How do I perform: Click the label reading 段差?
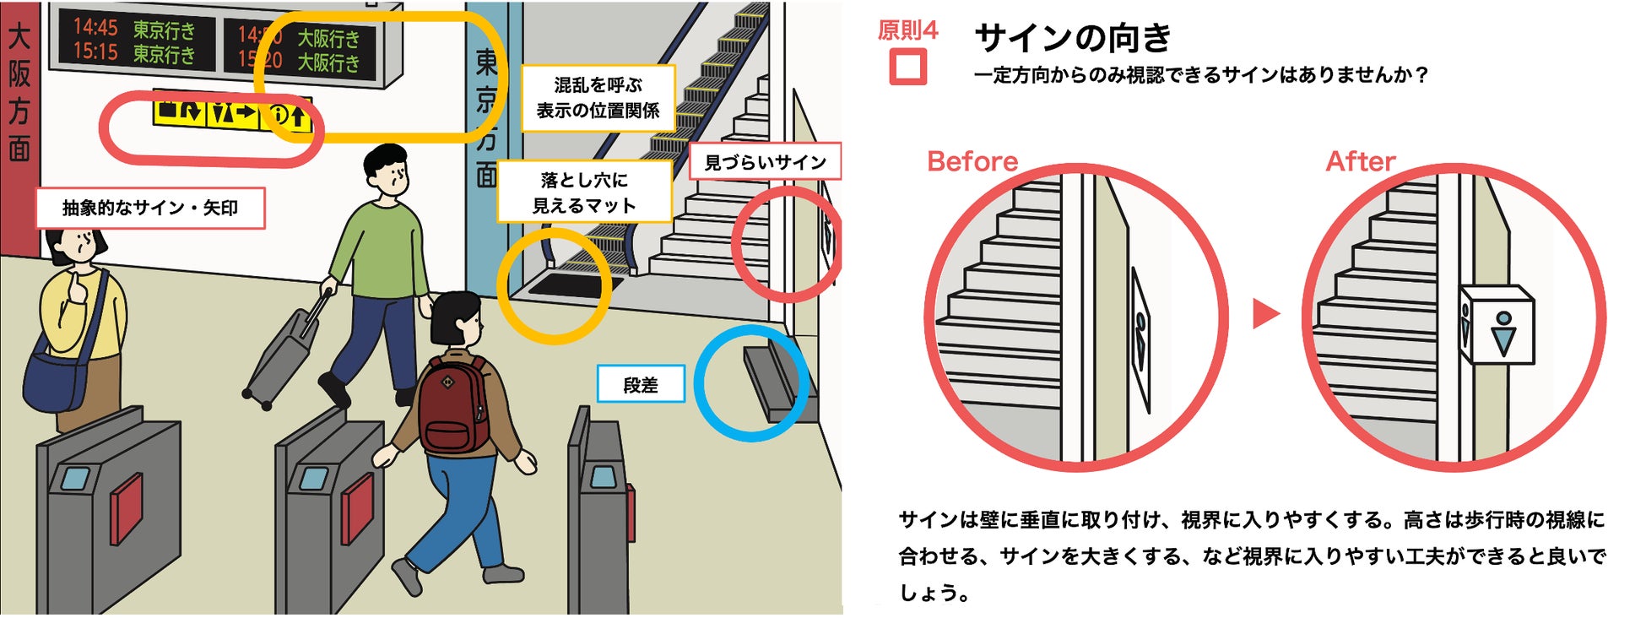click(640, 384)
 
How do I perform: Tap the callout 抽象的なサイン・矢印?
click(150, 208)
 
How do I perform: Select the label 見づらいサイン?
click(765, 161)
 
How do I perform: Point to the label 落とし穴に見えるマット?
click(584, 192)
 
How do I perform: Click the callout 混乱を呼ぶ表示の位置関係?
click(598, 98)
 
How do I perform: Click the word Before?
click(972, 161)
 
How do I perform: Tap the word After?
click(1360, 161)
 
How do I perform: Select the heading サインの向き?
click(1073, 38)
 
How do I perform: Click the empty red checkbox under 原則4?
click(908, 67)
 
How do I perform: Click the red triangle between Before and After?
click(1265, 313)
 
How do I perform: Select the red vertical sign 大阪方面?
click(19, 93)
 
